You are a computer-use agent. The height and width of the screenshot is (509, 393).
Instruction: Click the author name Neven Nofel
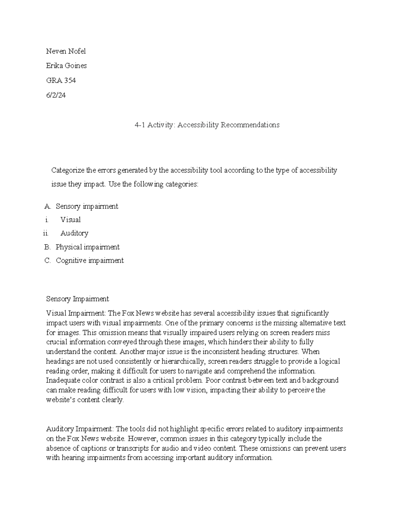(66, 51)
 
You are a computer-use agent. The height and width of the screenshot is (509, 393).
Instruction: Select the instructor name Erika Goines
(66, 66)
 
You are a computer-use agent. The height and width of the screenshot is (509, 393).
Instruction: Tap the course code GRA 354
(61, 80)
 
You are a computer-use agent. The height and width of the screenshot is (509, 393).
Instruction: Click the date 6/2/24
(56, 95)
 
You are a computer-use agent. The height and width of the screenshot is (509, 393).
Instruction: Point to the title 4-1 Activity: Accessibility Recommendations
(207, 125)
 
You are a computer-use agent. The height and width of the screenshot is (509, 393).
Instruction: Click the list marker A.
(47, 206)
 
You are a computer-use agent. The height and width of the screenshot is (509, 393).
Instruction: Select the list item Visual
(70, 220)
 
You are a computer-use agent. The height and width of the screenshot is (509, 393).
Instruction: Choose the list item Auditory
(74, 233)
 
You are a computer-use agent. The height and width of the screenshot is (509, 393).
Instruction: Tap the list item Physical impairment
(87, 247)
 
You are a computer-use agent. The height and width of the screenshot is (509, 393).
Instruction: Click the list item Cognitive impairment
(90, 261)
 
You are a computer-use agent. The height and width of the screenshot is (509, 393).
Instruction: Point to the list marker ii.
(46, 233)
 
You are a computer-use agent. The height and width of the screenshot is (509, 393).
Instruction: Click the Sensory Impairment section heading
(77, 299)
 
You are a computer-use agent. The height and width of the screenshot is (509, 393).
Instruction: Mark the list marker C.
(47, 261)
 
